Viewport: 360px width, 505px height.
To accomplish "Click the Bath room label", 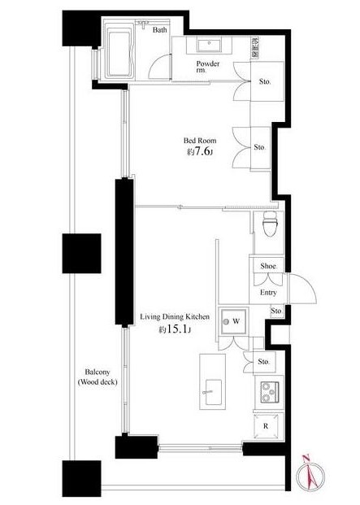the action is click(x=159, y=30).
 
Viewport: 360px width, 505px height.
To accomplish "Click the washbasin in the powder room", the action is click(x=209, y=46).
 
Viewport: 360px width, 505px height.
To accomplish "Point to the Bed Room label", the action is click(x=200, y=141).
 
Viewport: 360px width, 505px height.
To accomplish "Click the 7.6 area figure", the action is click(x=199, y=151).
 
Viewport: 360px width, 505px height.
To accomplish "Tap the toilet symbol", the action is click(x=270, y=224).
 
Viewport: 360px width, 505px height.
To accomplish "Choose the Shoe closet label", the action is click(x=268, y=266).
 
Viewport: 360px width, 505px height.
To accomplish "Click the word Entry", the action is click(x=268, y=293).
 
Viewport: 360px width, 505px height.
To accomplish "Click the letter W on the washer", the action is click(x=236, y=321).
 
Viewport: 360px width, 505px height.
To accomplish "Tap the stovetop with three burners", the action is click(x=270, y=392).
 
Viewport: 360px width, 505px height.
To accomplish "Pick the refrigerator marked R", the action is click(x=266, y=426).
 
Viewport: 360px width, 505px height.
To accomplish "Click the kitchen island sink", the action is click(x=212, y=392).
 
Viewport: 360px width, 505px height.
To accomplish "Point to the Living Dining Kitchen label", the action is click(x=175, y=316).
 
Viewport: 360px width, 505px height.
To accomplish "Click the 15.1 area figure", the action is click(x=176, y=329).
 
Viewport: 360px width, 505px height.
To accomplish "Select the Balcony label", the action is click(x=98, y=377).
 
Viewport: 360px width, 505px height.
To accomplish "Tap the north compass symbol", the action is click(x=310, y=476).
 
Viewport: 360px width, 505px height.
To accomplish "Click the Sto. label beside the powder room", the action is click(x=265, y=81).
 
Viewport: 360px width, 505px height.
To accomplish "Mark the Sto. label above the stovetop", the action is click(x=263, y=362).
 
